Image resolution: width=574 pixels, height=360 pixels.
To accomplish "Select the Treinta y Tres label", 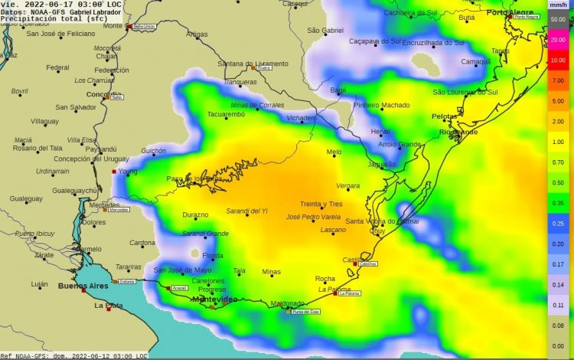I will tap(321, 204).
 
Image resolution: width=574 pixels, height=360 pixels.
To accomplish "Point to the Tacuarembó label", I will tap(226, 114).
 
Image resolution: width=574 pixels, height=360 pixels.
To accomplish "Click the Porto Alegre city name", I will tap(511, 13).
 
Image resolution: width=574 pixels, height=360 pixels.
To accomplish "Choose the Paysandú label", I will tap(101, 149).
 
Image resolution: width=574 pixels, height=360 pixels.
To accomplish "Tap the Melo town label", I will tap(334, 152).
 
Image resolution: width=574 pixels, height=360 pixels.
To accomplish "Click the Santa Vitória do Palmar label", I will tap(382, 221).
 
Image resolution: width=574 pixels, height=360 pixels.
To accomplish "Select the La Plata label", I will tap(109, 306).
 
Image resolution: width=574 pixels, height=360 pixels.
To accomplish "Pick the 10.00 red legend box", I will tap(558, 59).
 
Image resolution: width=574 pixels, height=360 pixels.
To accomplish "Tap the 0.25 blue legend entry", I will tap(558, 223).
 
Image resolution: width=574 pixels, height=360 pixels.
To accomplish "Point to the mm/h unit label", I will tap(558, 5).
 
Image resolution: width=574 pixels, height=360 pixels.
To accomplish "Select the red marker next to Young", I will tap(114, 172).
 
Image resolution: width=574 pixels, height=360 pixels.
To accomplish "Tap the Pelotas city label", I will tap(444, 116).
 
